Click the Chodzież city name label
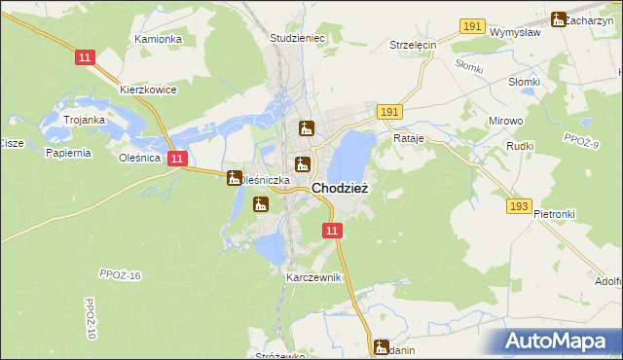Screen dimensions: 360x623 (x=339, y=189)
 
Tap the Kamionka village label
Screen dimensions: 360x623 (x=159, y=39)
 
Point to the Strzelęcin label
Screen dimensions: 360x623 (x=413, y=45)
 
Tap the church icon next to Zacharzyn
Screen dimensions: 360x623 (x=558, y=18)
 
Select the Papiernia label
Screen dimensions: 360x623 (x=67, y=153)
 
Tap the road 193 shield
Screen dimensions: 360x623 (x=519, y=206)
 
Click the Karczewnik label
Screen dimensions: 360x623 (x=313, y=277)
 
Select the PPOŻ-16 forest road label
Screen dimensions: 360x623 (x=121, y=275)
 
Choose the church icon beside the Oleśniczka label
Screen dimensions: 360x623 (x=234, y=178)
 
